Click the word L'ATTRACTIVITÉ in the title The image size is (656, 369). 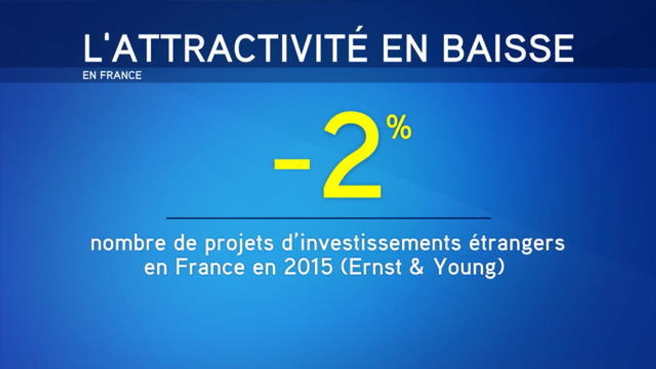[225, 48]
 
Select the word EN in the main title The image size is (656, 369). [403, 48]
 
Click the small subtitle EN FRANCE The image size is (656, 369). [112, 75]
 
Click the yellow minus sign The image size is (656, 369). [292, 164]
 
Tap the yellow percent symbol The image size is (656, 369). [399, 128]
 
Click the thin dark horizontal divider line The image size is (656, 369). [328, 218]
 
